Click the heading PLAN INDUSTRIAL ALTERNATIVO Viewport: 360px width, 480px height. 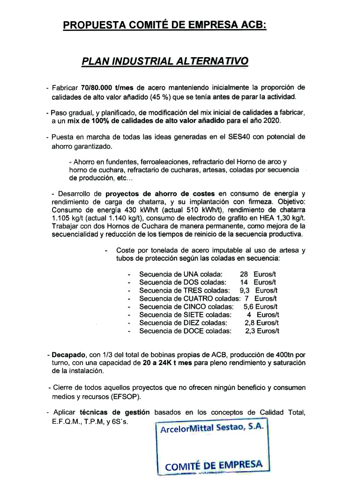click(x=165, y=61)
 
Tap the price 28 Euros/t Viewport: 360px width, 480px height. click(x=258, y=274)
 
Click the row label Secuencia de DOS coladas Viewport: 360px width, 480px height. click(x=183, y=282)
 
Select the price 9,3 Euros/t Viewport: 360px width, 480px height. click(x=258, y=290)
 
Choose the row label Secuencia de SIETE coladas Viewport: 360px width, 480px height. click(x=185, y=315)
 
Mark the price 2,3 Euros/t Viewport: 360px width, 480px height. click(x=262, y=331)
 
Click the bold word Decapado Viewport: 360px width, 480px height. click(x=67, y=355)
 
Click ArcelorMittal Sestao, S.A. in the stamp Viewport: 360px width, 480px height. click(x=212, y=429)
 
